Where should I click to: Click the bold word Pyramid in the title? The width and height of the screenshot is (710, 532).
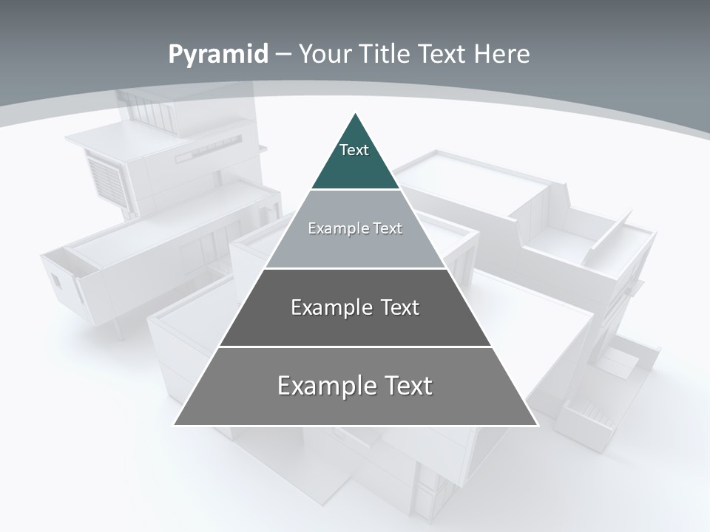218,55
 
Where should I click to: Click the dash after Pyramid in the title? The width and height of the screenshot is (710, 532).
284,55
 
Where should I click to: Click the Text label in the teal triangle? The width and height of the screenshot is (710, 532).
354,150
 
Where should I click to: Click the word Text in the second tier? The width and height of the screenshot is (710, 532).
388,228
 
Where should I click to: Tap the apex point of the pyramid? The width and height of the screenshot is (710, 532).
356,115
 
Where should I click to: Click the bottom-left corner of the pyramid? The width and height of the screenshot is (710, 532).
175,424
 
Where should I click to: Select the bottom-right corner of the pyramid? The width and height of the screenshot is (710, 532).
536,424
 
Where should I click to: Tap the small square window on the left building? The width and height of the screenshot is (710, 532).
57,281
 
